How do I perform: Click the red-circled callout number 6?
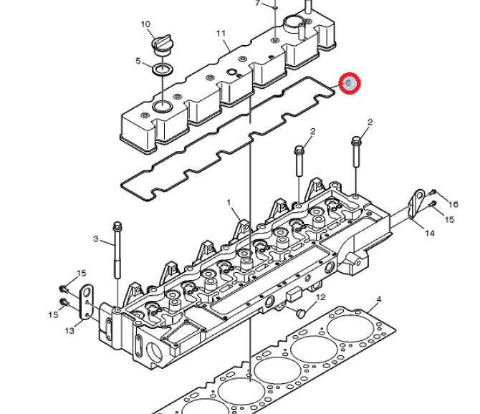tap(349, 84)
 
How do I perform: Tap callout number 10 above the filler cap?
tap(145, 24)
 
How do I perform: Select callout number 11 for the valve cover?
tap(221, 34)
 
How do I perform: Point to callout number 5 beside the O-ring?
tap(138, 62)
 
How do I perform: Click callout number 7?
tap(258, 3)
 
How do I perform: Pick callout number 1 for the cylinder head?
tap(230, 203)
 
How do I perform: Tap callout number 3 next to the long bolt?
tap(95, 239)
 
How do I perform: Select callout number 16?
tap(453, 205)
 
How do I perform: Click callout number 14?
tap(430, 234)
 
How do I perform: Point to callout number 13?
tap(69, 331)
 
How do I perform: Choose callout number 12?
tap(321, 297)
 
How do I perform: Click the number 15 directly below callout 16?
tap(449, 220)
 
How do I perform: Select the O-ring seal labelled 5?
tap(162, 69)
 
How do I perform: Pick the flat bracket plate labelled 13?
tap(87, 302)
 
